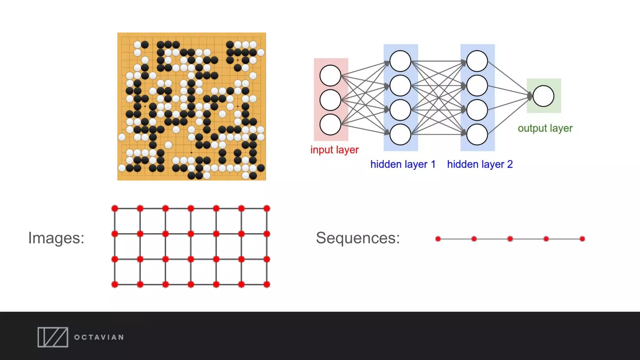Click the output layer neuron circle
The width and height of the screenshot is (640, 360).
pyautogui.click(x=543, y=96)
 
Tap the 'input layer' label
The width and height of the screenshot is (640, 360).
pyautogui.click(x=334, y=150)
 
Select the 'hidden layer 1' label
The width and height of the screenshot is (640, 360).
pyautogui.click(x=403, y=164)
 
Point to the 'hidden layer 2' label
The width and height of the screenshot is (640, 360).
pyautogui.click(x=480, y=164)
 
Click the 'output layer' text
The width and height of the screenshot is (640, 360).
pyautogui.click(x=545, y=128)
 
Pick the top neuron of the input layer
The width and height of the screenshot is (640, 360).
pyautogui.click(x=330, y=76)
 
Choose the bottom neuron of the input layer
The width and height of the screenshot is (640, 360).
pyautogui.click(x=330, y=124)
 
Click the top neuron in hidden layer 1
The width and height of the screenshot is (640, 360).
pyautogui.click(x=400, y=61)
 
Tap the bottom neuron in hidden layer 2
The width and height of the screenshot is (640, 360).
pyautogui.click(x=477, y=134)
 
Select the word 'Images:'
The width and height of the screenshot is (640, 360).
pyautogui.click(x=56, y=238)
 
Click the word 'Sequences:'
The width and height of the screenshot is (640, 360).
pyautogui.click(x=358, y=238)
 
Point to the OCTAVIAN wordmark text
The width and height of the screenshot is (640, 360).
pyautogui.click(x=99, y=337)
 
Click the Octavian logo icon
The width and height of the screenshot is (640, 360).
pyautogui.click(x=53, y=337)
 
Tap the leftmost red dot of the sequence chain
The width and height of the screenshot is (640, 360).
pyautogui.click(x=438, y=239)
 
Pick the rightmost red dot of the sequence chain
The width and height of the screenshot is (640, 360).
pyautogui.click(x=582, y=239)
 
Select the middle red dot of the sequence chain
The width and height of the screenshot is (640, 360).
pyautogui.click(x=510, y=239)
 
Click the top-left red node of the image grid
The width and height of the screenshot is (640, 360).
pyautogui.click(x=115, y=208)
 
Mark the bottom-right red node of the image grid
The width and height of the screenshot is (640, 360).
pyautogui.click(x=267, y=284)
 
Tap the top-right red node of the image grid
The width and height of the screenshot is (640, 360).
pyautogui.click(x=267, y=208)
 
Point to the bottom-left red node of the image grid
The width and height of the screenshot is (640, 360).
pyautogui.click(x=115, y=284)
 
